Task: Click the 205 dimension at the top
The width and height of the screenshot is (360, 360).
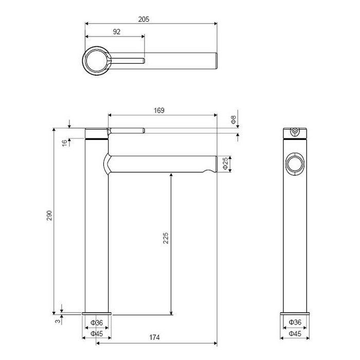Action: pyautogui.click(x=143, y=19)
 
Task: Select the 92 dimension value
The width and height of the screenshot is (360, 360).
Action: pyautogui.click(x=116, y=32)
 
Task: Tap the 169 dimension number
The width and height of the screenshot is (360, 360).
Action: pyautogui.click(x=159, y=110)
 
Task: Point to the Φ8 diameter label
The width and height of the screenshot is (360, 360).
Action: pyautogui.click(x=233, y=120)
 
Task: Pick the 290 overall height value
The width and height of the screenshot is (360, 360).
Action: pyautogui.click(x=49, y=216)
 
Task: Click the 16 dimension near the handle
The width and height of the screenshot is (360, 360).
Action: pyautogui.click(x=65, y=142)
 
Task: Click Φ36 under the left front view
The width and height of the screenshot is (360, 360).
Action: pyautogui.click(x=97, y=322)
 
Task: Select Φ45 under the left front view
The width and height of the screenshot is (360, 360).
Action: pyautogui.click(x=97, y=333)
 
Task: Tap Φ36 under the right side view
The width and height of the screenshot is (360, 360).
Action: pyautogui.click(x=295, y=322)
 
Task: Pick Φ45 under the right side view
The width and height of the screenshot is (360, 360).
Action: pyautogui.click(x=295, y=333)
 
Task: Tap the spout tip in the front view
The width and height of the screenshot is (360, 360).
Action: pyautogui.click(x=212, y=165)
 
